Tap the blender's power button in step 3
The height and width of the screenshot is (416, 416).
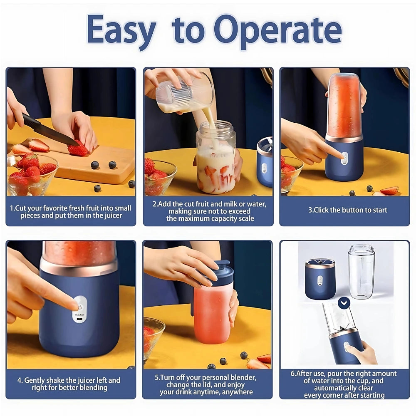coord(344,157)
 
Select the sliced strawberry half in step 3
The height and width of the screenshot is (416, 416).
coord(389,191)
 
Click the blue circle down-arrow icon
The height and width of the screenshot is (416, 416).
coord(344,303)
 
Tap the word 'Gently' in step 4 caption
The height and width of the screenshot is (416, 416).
coord(36,380)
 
